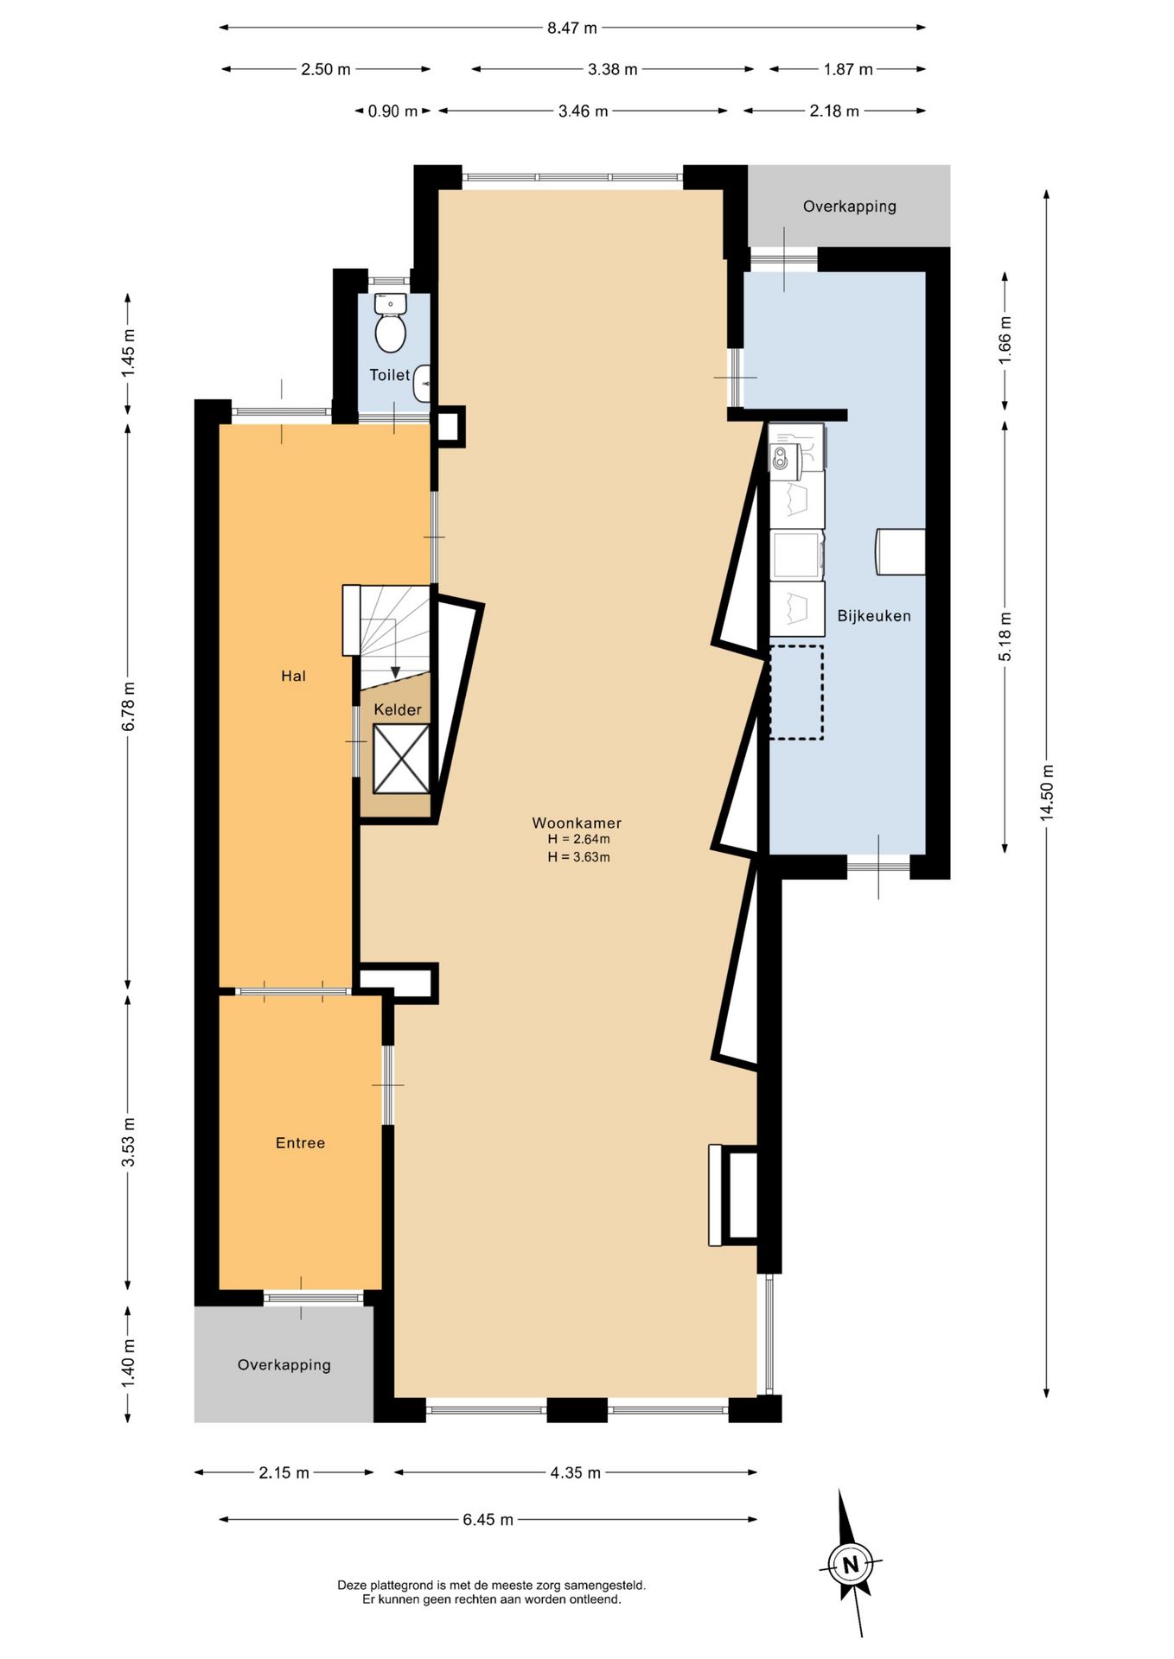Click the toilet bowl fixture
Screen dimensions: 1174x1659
point(391,322)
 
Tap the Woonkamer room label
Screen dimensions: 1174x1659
point(577,823)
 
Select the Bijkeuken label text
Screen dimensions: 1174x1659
point(874,616)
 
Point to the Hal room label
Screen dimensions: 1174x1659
point(293,676)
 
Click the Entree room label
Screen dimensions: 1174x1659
point(300,1142)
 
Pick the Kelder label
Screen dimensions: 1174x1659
point(398,709)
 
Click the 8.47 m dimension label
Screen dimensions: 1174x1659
point(572,28)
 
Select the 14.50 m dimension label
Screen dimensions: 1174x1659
point(1047,792)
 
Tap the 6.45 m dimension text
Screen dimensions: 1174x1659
point(488,1519)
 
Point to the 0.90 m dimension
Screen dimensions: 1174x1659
point(392,111)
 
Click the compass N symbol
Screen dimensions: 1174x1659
point(851,1565)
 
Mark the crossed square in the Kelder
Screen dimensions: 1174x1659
point(401,759)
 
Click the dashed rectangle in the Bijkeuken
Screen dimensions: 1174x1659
point(796,692)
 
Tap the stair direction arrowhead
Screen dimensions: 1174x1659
point(395,671)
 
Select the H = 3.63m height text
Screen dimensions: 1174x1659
point(578,857)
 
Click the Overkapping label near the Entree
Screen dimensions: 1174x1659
point(284,1364)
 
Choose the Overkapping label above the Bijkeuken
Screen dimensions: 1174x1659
point(850,206)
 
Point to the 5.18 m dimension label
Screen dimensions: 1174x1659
point(1005,637)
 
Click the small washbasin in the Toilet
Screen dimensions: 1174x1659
point(422,384)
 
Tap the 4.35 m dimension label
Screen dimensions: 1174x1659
point(576,1472)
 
